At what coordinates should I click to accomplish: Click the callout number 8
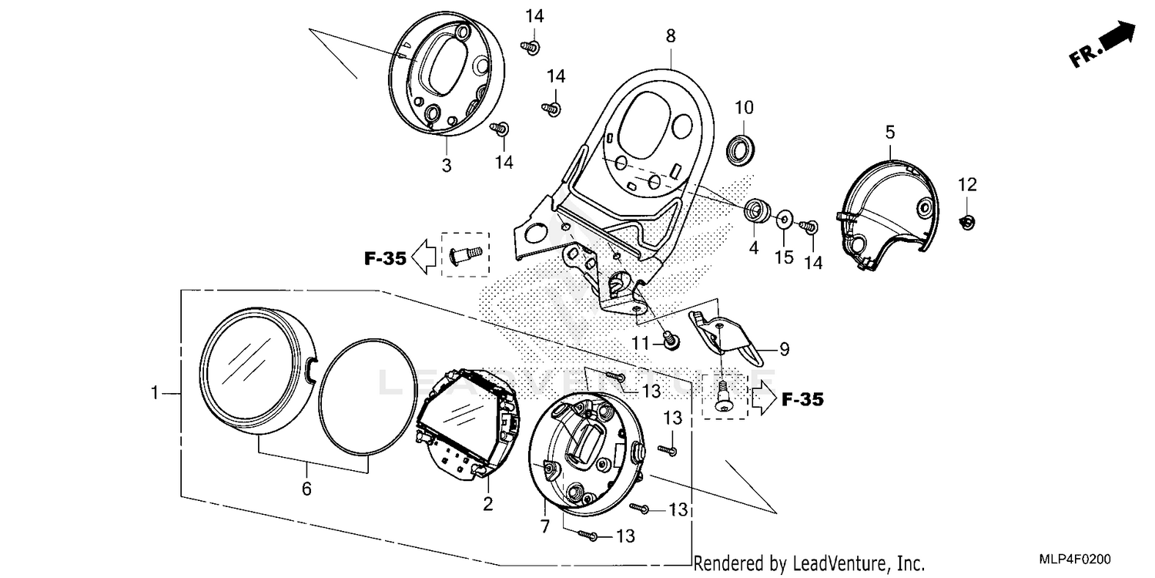[x=670, y=35]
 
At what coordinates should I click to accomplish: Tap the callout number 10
[x=744, y=106]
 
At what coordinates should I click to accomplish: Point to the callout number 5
[x=890, y=133]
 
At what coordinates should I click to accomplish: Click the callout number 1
[x=155, y=393]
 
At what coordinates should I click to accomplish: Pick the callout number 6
[x=306, y=489]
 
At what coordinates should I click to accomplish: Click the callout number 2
[x=488, y=505]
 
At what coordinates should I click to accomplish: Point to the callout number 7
[x=544, y=528]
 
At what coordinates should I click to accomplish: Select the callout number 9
[x=784, y=350]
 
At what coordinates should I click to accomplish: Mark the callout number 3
[x=447, y=166]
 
